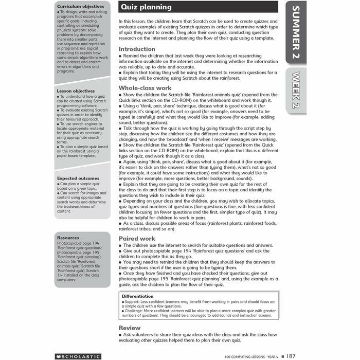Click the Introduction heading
[137, 49]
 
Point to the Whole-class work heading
[145, 88]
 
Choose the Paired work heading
[137, 239]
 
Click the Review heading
[129, 328]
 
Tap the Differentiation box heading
[137, 296]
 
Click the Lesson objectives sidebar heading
[76, 91]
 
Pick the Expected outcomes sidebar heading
[78, 178]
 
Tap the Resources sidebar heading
[68, 238]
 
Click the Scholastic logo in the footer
[78, 356]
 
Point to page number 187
[291, 355]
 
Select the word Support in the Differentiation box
[132, 301]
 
